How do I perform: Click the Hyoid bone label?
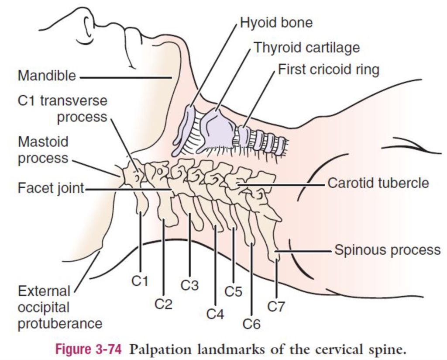tap(276, 23)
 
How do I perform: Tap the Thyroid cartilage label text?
tap(307, 47)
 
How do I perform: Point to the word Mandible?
tap(47, 76)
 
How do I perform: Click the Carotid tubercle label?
tap(378, 183)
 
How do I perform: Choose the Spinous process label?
tap(387, 250)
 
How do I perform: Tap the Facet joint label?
tap(51, 188)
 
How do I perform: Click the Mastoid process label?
tap(43, 150)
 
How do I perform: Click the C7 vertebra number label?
tap(276, 307)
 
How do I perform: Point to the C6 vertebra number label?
tap(251, 324)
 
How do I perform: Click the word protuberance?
tap(60, 323)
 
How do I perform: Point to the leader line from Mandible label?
tap(127, 77)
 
